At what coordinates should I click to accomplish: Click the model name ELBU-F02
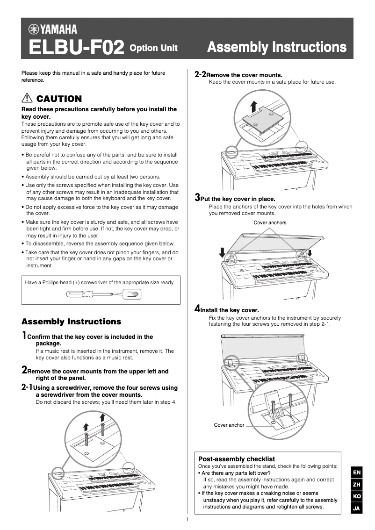[76, 48]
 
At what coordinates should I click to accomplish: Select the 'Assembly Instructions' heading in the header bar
[276, 47]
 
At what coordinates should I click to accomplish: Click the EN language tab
[356, 473]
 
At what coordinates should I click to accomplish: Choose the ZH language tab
[356, 485]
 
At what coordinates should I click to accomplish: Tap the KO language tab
[356, 496]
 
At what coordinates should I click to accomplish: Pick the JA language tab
[356, 508]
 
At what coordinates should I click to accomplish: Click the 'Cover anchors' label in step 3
[270, 222]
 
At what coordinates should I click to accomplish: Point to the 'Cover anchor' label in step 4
[229, 425]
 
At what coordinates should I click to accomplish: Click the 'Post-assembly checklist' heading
[237, 459]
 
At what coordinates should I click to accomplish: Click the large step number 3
[197, 197]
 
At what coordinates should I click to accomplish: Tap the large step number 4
[197, 308]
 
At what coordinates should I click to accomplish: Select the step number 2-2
[200, 74]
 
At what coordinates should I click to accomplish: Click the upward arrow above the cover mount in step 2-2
[253, 106]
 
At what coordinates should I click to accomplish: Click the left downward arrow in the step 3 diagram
[222, 253]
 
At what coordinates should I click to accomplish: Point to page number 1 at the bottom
[187, 520]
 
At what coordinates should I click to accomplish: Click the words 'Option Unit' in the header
[153, 48]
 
